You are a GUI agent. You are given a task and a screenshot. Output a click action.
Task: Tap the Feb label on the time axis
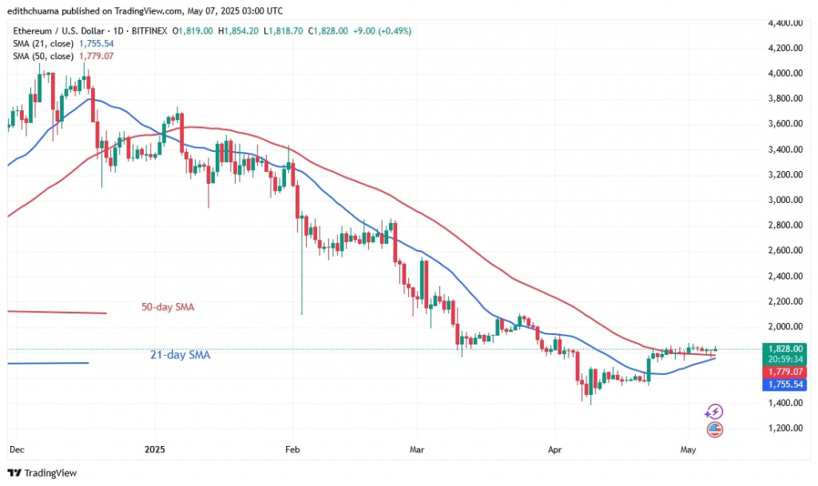[292, 450]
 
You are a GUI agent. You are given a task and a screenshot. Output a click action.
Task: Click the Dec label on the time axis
[15, 450]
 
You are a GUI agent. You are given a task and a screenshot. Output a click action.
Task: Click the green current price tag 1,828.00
[784, 349]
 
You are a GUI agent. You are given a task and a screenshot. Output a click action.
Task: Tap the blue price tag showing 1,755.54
[784, 384]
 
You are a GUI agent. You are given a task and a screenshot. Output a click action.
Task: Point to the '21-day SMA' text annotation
[180, 355]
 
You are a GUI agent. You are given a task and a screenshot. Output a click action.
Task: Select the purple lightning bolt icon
[715, 412]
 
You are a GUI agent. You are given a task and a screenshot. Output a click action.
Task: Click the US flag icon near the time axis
[715, 429]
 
